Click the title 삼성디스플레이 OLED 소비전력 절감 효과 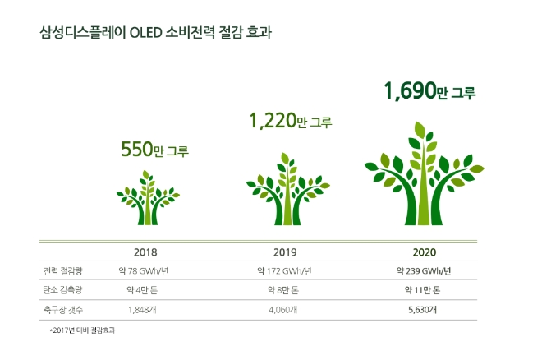click(155, 34)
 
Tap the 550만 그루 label click(155, 150)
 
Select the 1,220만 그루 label click(291, 122)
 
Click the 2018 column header click(145, 252)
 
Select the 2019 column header click(284, 252)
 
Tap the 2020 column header click(424, 252)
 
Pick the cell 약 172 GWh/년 click(284, 271)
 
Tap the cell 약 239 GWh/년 click(424, 271)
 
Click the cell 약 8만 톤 click(284, 290)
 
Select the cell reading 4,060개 click(284, 309)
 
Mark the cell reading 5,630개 click(424, 309)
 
